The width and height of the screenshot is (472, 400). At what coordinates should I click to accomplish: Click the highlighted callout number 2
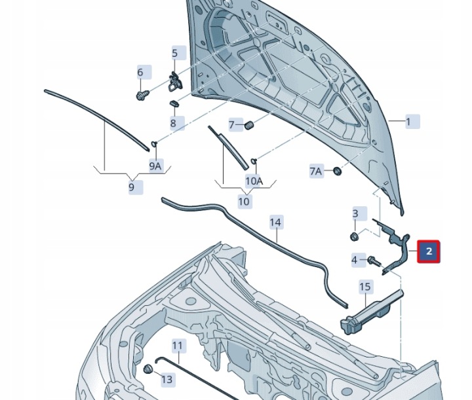429,251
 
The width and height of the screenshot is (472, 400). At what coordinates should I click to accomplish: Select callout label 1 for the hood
412,122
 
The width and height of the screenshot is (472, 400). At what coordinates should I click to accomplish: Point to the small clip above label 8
174,103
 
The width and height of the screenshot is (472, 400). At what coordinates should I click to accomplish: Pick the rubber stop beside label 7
249,125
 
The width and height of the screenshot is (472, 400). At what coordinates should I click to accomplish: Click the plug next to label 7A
338,172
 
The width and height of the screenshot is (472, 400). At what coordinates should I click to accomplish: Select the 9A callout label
156,166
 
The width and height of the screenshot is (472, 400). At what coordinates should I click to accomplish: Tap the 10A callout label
254,181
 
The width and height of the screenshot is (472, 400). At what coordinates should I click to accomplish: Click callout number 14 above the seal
276,222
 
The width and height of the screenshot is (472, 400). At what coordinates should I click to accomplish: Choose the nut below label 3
354,236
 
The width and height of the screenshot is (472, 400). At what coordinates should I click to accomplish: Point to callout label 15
365,287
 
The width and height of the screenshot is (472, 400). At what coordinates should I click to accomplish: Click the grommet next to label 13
147,369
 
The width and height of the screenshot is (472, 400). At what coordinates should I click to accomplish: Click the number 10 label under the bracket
245,201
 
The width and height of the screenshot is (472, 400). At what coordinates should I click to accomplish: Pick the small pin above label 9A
154,143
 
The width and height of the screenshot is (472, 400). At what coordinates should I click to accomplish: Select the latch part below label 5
175,82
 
